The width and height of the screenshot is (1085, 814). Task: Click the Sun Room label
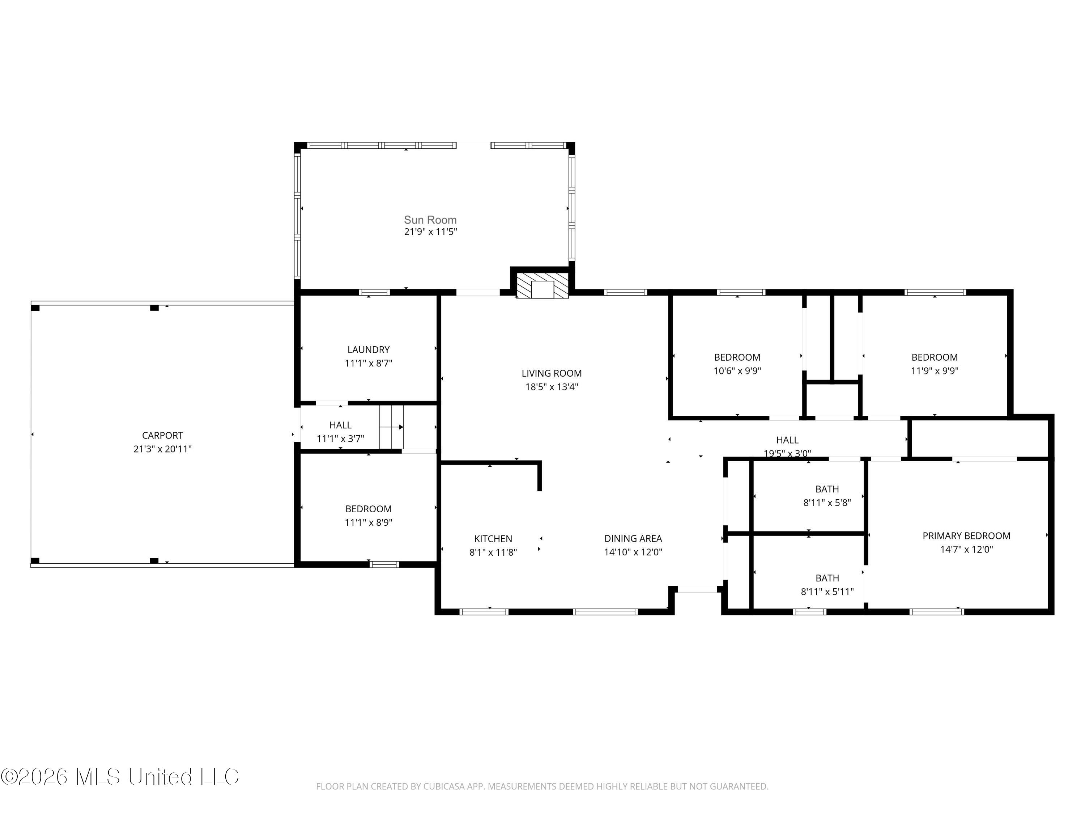(430, 220)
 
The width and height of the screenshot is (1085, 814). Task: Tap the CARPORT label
(162, 435)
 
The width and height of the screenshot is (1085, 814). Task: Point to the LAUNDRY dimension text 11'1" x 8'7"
(369, 363)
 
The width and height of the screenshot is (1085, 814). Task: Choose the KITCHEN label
(493, 539)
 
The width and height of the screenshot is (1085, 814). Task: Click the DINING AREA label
(633, 538)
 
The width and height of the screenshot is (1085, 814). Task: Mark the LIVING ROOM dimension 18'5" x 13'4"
(551, 387)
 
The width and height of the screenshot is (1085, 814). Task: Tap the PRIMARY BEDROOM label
(966, 536)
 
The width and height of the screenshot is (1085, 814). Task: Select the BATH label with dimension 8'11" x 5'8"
(827, 489)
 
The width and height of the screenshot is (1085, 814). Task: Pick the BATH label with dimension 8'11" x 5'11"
(827, 578)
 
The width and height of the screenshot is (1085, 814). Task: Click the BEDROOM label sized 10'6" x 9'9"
(737, 357)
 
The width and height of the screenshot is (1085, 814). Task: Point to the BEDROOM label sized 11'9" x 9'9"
(934, 357)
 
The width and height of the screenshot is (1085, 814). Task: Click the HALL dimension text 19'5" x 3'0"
(787, 453)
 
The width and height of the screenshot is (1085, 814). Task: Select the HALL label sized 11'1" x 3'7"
(340, 425)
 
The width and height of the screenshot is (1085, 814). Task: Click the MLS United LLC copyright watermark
(120, 776)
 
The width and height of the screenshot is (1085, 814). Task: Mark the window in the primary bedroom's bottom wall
(936, 611)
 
